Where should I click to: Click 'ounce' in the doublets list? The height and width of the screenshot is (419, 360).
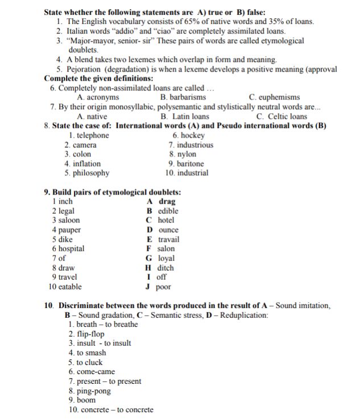point(168,230)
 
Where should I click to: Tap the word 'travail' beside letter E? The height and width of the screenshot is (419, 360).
point(168,239)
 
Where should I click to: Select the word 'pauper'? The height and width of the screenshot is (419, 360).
point(70,230)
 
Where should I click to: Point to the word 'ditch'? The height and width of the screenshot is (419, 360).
point(165,268)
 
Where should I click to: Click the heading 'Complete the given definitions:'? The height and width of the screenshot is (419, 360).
point(98,78)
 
